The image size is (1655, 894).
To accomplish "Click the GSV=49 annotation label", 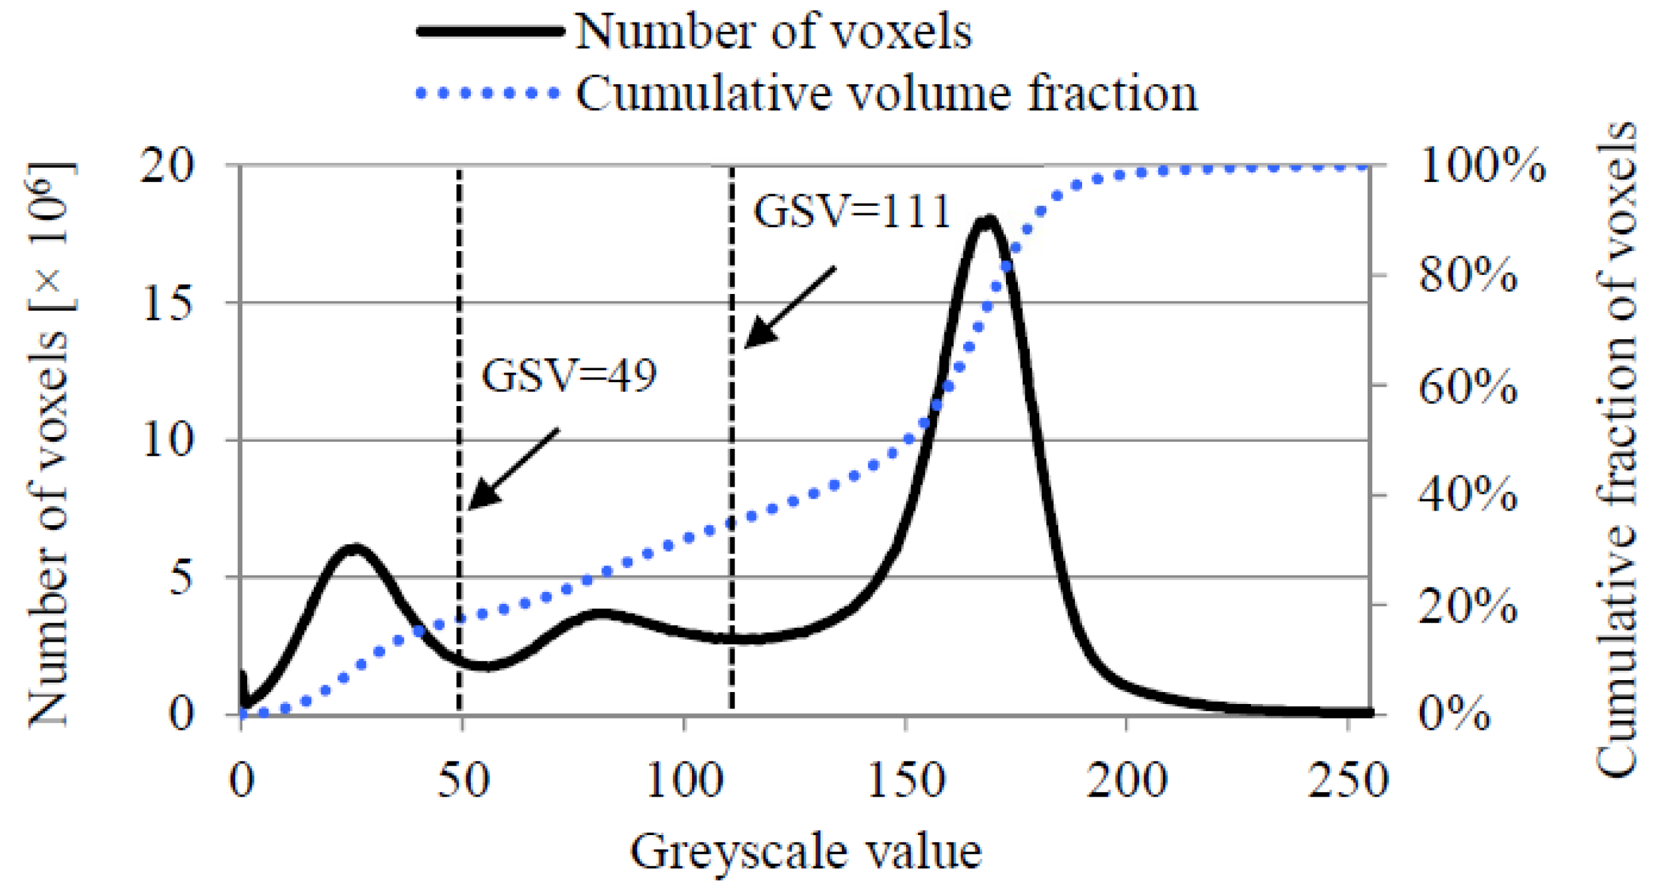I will tap(568, 375).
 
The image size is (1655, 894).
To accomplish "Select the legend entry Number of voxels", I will tap(774, 32).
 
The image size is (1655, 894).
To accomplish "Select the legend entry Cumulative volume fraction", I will tap(886, 93).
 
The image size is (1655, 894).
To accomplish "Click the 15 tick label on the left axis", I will tap(168, 304).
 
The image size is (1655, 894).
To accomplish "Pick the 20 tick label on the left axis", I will tap(168, 166).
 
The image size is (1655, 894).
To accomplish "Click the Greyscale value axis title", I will tap(805, 852).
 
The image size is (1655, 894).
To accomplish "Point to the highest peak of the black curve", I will tap(987, 220).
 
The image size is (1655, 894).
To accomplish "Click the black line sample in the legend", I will tap(490, 32).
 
